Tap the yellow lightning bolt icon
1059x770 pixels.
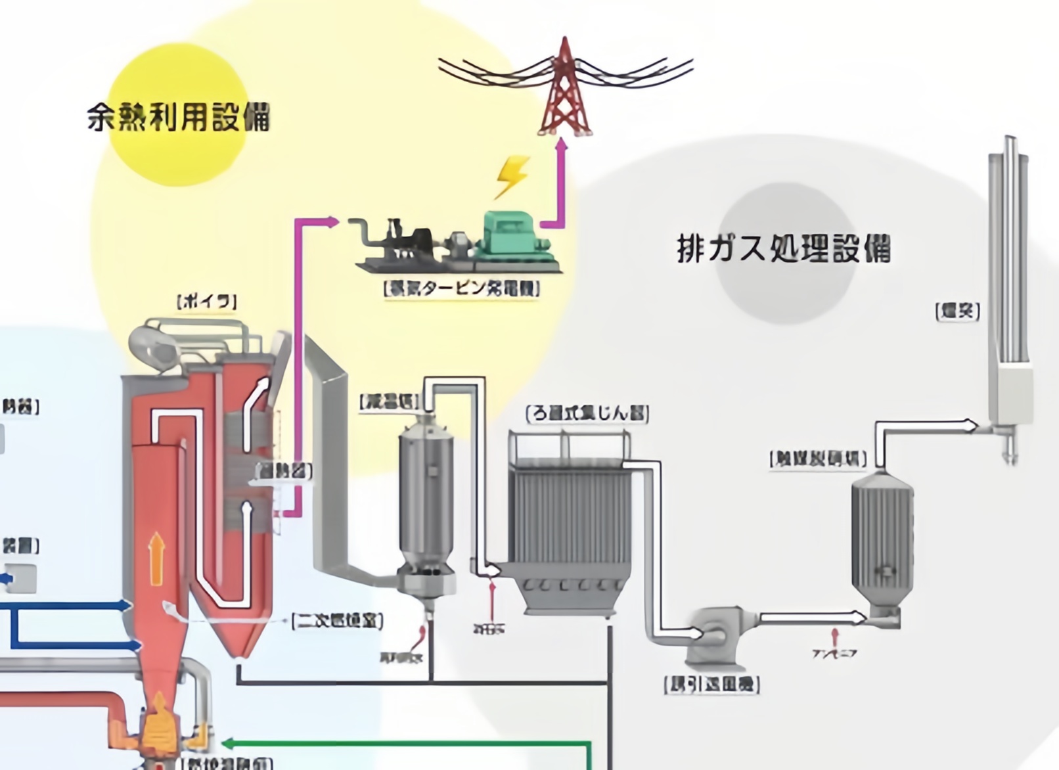[x=512, y=176]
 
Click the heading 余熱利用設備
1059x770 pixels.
[x=178, y=118]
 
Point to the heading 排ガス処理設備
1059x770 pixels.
[x=783, y=249]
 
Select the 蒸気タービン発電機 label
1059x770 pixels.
[x=461, y=288]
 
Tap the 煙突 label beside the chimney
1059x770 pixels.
[x=957, y=311]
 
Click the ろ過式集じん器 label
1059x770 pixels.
[x=587, y=413]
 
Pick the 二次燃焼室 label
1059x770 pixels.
[x=337, y=620]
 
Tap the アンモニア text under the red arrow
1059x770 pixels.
[x=834, y=653]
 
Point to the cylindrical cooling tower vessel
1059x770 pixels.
[x=427, y=499]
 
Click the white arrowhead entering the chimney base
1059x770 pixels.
[x=971, y=426]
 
